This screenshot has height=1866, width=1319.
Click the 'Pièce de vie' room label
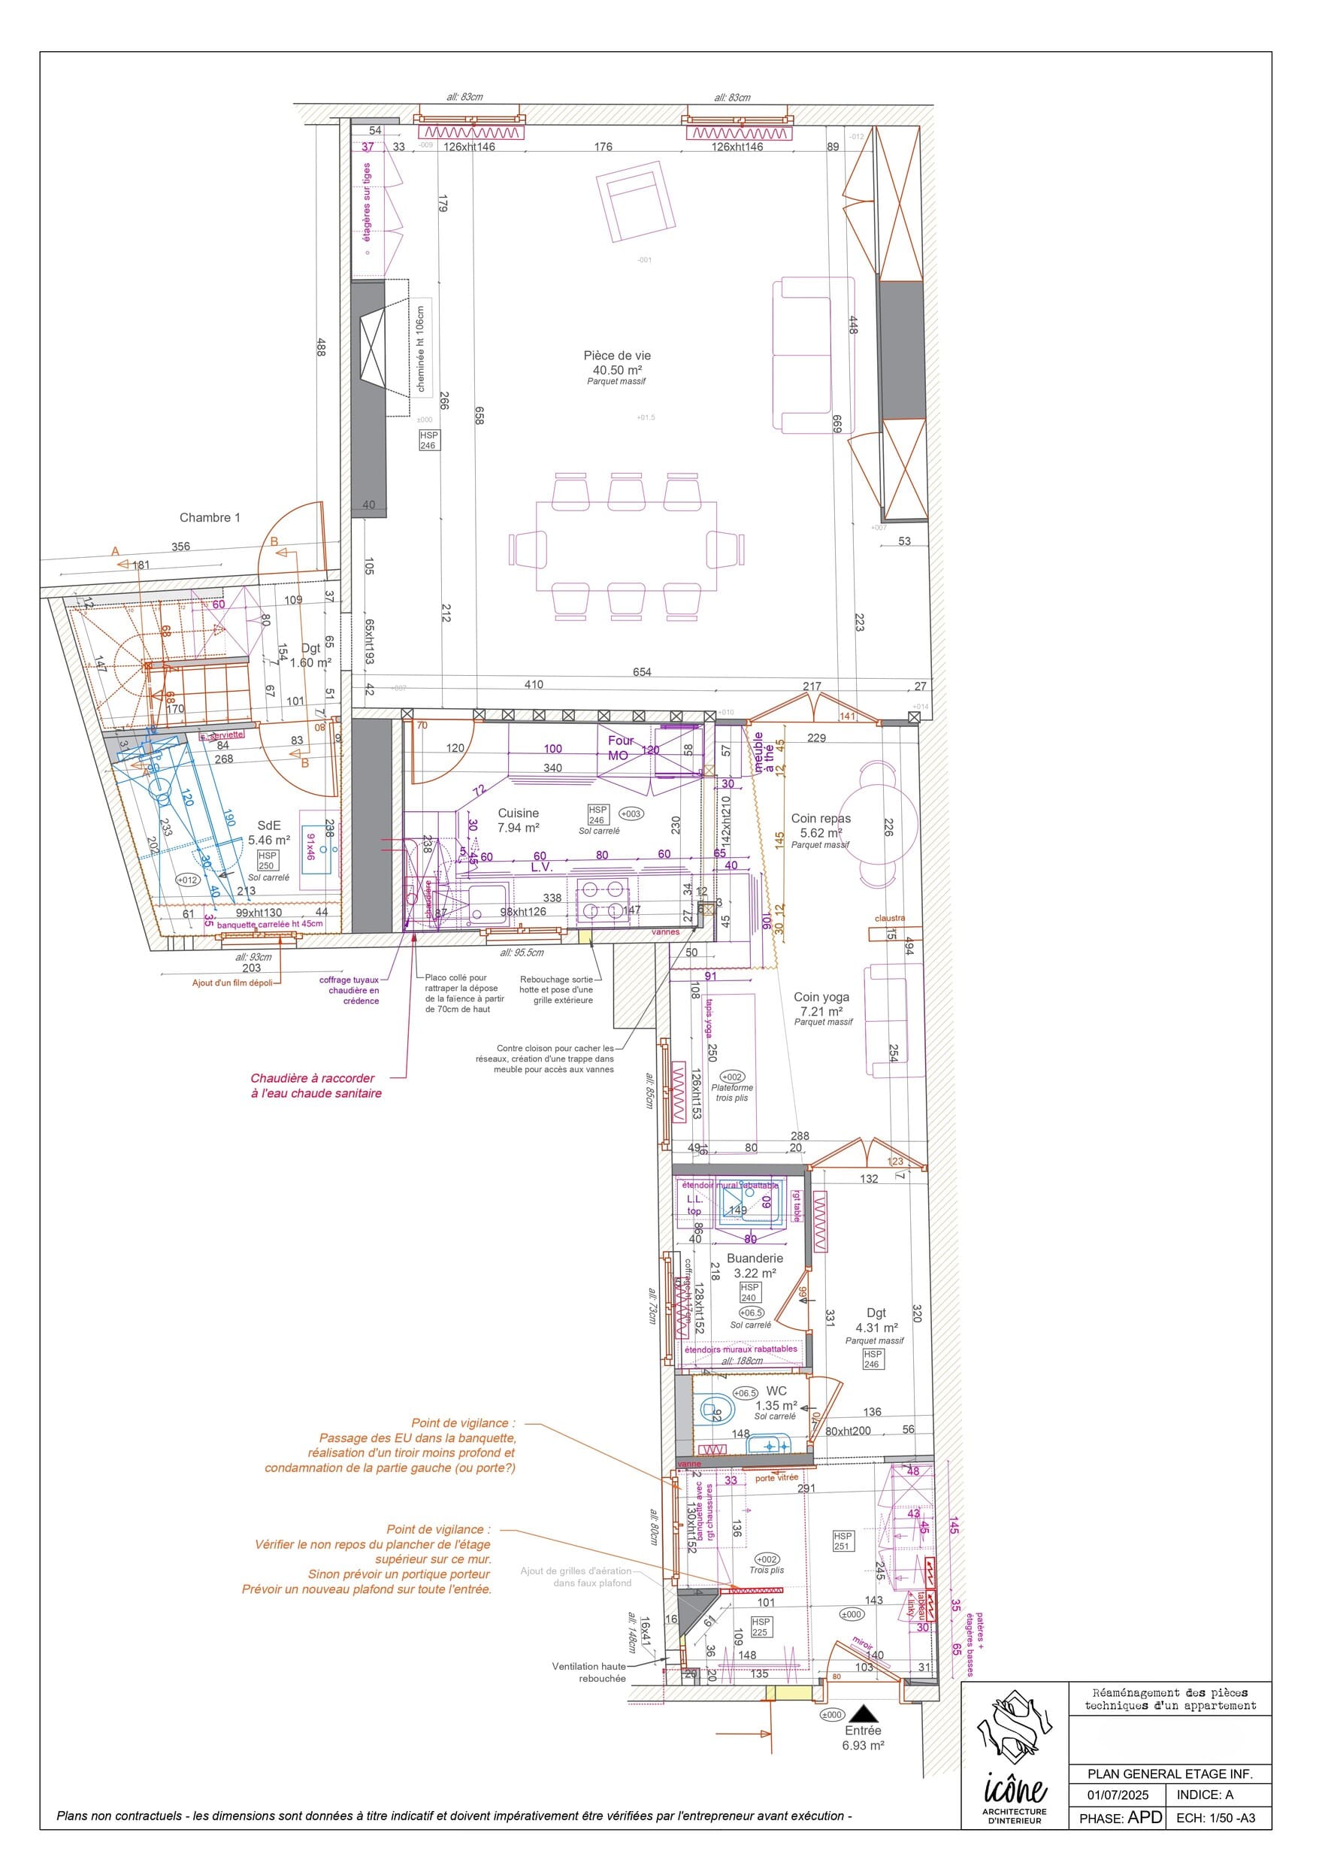tap(617, 356)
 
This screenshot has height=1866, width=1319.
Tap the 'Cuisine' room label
tap(518, 813)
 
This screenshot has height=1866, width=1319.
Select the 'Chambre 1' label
tap(210, 518)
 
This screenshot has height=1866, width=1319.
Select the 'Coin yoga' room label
tap(821, 997)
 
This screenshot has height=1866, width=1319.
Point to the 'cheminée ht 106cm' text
tap(421, 350)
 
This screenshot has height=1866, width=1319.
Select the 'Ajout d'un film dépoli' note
tap(231, 983)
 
